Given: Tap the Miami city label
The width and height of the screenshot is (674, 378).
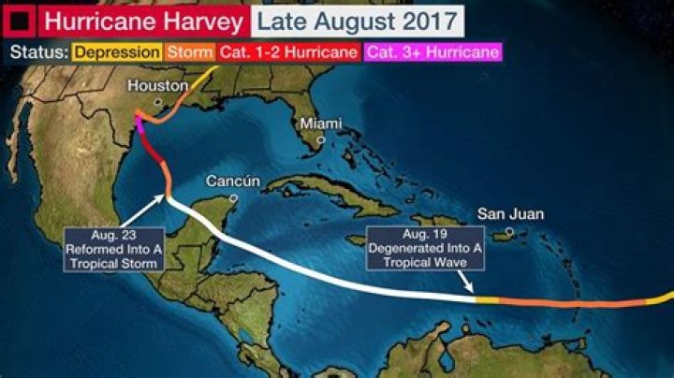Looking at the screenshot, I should pos(319,124).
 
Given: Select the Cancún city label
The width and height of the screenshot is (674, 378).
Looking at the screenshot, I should pos(231,181).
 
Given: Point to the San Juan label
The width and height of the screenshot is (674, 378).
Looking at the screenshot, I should pos(510,214).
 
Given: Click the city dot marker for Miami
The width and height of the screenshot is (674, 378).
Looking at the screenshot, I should pos(320,139).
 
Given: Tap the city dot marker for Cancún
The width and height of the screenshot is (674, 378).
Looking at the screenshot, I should pos(233,197).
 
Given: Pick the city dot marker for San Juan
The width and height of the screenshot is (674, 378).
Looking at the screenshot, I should pos(509,230).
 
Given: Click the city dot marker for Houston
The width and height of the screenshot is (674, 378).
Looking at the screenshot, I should pos(158,101).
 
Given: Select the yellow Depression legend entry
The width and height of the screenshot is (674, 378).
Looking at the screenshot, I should pos(117,52).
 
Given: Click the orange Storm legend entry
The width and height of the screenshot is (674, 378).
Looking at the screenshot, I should pos(185,52).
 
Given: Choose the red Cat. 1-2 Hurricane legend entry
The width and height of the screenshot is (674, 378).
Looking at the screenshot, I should pos(287,52).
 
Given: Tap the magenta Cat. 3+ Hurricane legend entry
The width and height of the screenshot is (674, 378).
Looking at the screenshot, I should pos(432,52).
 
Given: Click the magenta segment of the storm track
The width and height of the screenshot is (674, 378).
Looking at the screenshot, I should pos(139,126).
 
